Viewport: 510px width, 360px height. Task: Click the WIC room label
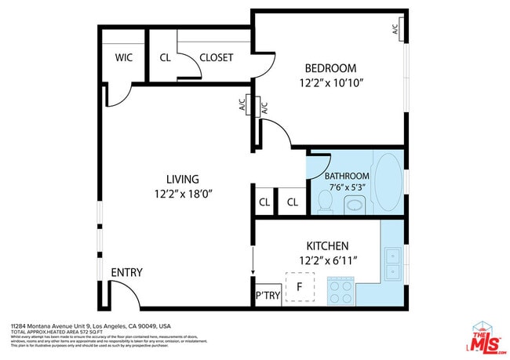pos(123,57)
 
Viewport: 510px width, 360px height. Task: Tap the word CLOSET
pos(216,57)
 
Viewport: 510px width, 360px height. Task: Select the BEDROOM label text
pos(330,68)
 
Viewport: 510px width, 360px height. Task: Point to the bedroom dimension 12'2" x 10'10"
pos(330,82)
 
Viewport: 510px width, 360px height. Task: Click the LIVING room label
pos(182,179)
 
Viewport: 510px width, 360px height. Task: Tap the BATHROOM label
pos(347,176)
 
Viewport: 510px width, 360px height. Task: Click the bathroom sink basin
pos(355,205)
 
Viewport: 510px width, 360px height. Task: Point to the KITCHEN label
pos(328,245)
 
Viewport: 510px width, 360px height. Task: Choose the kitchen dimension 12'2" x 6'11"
pos(328,260)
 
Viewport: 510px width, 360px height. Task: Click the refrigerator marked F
pos(299,287)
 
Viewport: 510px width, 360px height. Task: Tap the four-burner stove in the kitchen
pos(340,293)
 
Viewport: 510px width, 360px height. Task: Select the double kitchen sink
pos(392,264)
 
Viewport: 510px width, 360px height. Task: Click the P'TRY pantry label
pos(267,296)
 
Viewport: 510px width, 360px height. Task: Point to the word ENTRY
pos(126,272)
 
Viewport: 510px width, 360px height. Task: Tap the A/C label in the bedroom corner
pos(397,28)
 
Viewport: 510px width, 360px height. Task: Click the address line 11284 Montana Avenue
pos(90,325)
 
